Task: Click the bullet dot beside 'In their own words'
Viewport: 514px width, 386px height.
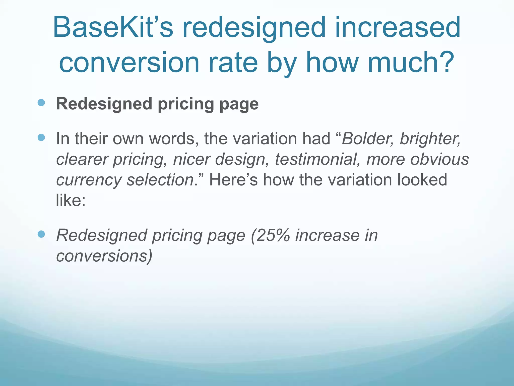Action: click(41, 137)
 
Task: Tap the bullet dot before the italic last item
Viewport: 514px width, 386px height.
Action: click(41, 234)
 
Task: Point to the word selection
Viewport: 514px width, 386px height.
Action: click(161, 180)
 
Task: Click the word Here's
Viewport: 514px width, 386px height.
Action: click(233, 180)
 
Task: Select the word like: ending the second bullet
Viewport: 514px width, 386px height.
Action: click(71, 201)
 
